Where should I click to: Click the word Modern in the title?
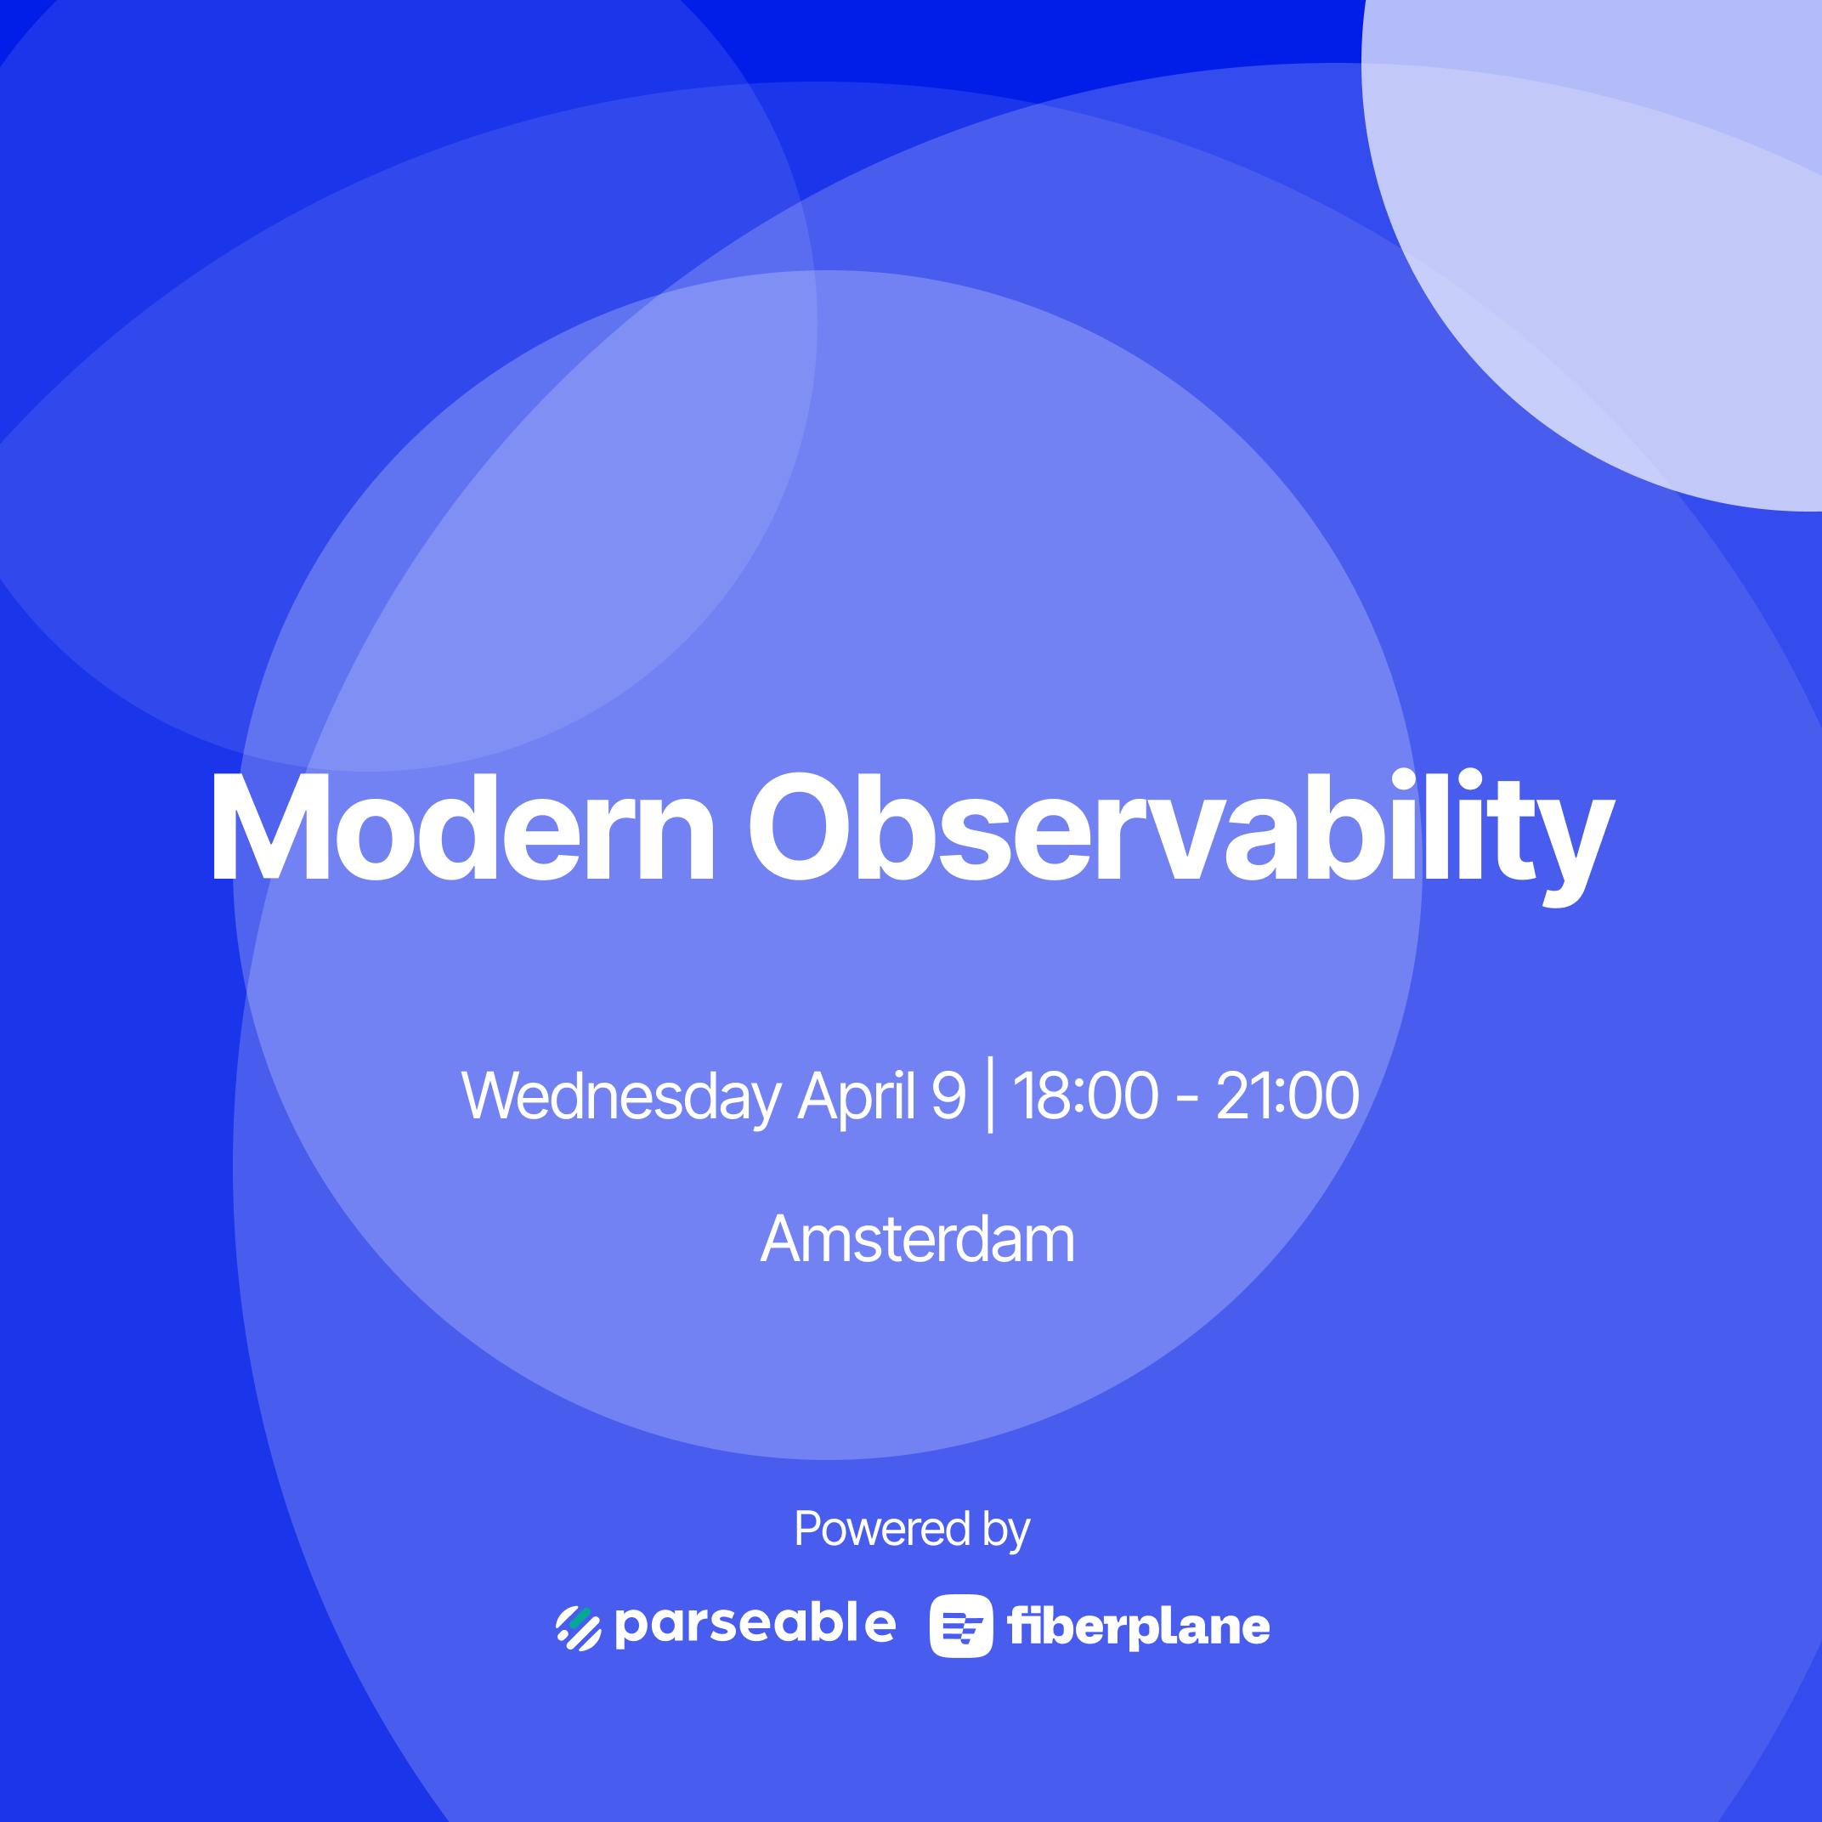point(463,827)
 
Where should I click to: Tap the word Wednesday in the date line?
point(621,1097)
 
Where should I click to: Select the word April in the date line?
point(857,1097)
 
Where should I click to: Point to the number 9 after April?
point(948,1095)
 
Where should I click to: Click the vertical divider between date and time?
point(990,1095)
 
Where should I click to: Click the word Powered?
point(883,1529)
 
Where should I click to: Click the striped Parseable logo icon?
point(578,1629)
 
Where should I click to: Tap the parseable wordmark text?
point(755,1625)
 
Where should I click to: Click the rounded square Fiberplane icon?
point(961,1626)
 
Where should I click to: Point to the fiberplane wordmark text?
point(1138,1627)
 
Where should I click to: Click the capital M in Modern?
point(270,827)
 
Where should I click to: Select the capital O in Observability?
point(801,826)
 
